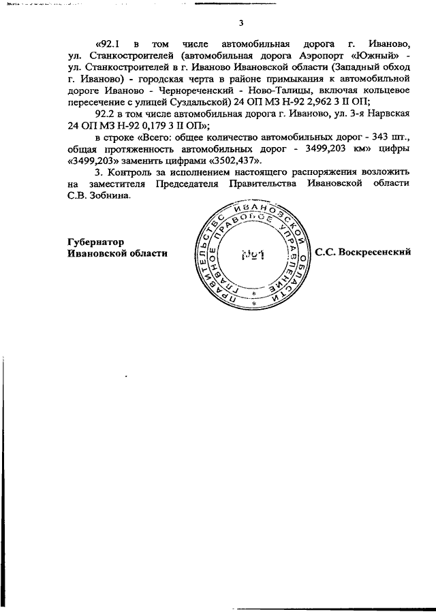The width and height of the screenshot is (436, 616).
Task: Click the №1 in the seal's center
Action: point(253,256)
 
